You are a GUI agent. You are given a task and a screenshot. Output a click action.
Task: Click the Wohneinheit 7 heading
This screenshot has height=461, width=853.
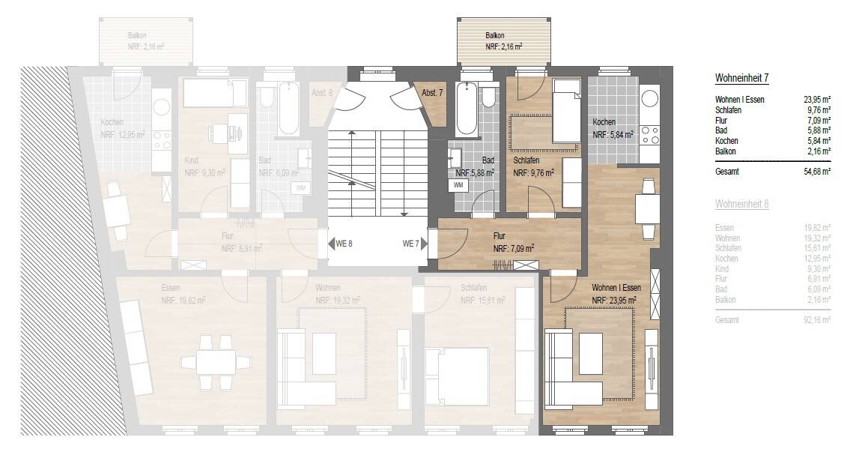click(x=742, y=78)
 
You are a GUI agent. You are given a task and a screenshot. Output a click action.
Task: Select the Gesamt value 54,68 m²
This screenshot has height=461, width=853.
click(x=815, y=172)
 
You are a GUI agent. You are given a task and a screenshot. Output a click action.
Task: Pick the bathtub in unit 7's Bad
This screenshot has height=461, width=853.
click(x=467, y=109)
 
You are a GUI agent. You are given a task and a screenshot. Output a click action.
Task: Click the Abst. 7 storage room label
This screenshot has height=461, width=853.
click(x=432, y=93)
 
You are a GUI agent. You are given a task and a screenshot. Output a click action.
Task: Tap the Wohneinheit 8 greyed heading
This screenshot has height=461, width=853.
click(x=742, y=203)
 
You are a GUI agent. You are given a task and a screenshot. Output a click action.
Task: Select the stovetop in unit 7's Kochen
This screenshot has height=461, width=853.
click(x=649, y=134)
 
